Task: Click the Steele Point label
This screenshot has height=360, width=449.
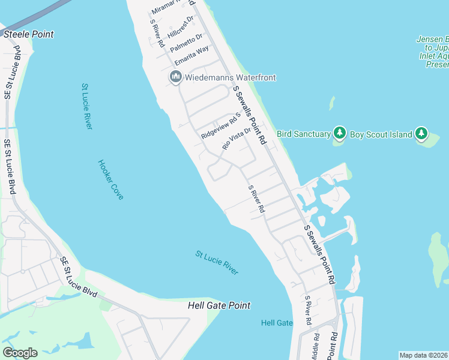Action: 29,34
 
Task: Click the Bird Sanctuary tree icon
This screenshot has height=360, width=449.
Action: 340,133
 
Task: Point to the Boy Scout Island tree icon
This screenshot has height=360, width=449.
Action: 421,134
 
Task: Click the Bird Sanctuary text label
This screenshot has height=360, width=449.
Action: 304,134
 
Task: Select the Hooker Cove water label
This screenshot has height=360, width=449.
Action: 111,179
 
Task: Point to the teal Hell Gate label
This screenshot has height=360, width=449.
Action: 277,323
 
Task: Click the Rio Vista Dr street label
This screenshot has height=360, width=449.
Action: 236,138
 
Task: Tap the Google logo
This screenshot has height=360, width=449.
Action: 20,353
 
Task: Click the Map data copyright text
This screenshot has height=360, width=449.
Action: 423,355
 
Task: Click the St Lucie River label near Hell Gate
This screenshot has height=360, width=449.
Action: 217,263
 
